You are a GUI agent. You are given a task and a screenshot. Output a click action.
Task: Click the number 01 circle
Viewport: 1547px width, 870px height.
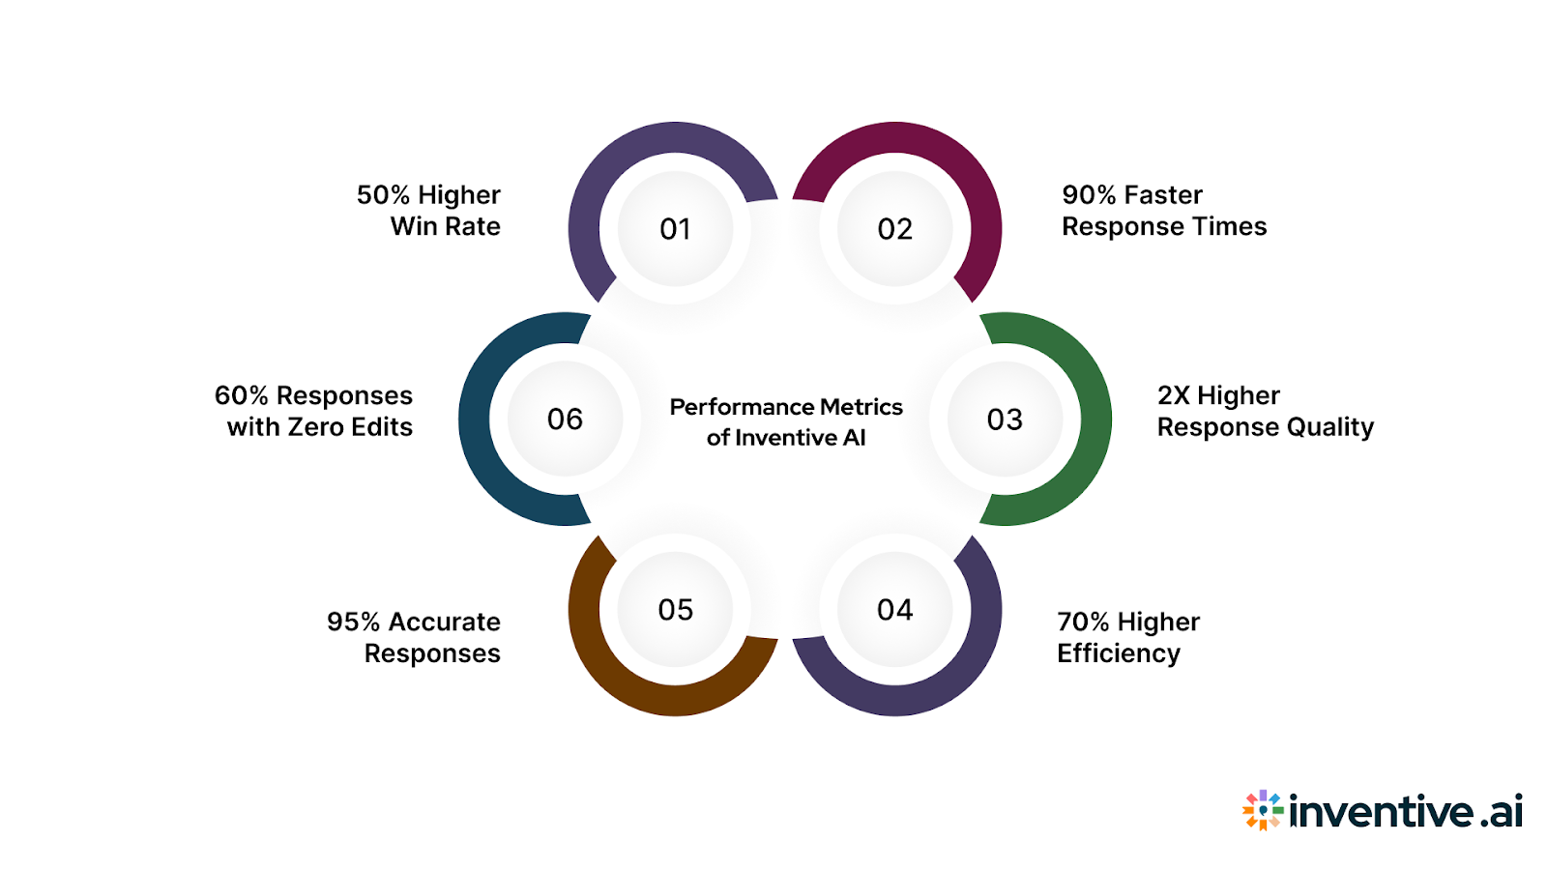click(675, 229)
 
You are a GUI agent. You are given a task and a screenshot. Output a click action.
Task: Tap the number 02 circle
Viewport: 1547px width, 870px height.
click(895, 229)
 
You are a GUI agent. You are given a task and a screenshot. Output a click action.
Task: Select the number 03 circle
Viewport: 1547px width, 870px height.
click(1005, 420)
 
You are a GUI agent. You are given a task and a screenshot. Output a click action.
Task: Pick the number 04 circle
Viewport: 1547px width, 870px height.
click(895, 610)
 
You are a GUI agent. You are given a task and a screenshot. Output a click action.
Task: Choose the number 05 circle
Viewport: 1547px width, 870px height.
click(675, 610)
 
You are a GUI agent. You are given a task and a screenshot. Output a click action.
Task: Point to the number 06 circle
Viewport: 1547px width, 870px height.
click(566, 420)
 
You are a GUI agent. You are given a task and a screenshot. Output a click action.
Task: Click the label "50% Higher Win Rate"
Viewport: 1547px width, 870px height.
click(429, 211)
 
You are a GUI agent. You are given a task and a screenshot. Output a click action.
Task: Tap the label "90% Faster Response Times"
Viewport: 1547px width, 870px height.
click(1163, 211)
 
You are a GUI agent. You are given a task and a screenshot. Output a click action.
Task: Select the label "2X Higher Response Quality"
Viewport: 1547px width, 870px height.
click(1265, 411)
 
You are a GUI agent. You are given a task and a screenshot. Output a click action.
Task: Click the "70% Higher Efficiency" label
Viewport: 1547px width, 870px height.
click(1127, 637)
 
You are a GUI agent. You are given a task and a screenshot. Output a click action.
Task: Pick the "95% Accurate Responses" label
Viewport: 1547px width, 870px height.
click(415, 637)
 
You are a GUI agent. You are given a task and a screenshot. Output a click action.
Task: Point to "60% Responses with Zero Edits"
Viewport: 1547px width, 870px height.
click(314, 411)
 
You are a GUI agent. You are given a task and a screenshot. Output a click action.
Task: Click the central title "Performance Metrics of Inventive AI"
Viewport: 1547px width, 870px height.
click(786, 421)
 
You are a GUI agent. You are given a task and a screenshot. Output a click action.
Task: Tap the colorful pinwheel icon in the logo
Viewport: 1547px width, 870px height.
click(1263, 810)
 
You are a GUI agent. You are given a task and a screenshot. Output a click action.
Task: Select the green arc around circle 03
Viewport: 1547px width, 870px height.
click(1095, 420)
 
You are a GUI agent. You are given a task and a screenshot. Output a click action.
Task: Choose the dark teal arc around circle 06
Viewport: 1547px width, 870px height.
click(475, 420)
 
